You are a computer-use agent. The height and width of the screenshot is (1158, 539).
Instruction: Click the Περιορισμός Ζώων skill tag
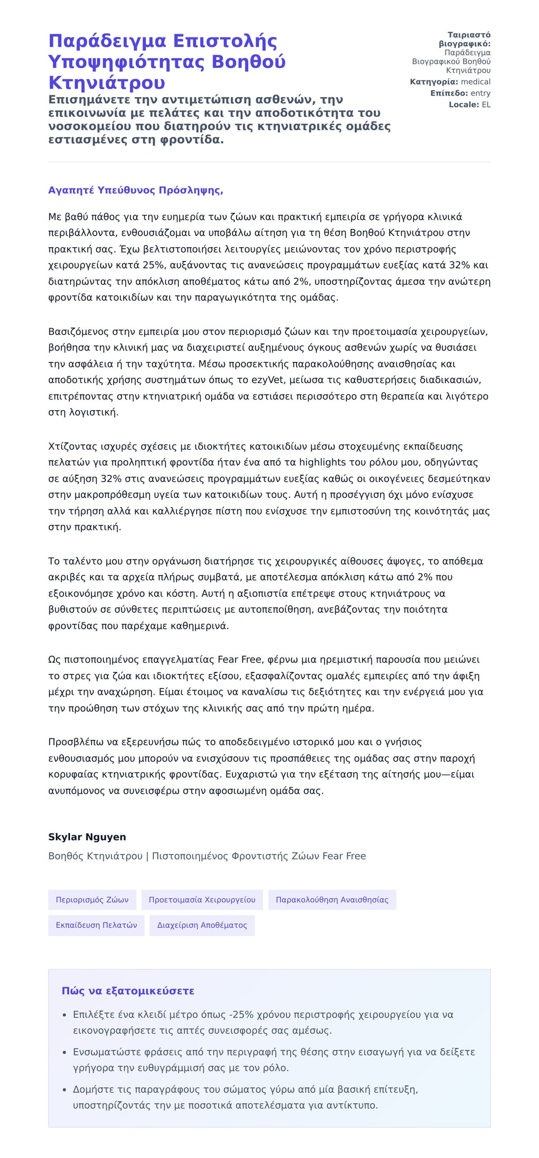tap(92, 900)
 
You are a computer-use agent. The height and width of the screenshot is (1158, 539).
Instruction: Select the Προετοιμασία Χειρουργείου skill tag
tap(202, 900)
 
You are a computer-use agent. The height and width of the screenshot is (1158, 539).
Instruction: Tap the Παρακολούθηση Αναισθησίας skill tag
tap(332, 900)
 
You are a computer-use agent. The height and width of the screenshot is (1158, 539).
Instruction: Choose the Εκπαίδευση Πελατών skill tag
tap(96, 925)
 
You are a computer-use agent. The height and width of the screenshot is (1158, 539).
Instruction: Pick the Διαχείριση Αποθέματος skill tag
tap(202, 925)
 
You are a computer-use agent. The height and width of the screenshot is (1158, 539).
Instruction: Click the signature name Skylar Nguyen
tap(87, 836)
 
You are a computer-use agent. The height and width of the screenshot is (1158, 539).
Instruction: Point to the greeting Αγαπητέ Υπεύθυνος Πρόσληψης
tap(135, 190)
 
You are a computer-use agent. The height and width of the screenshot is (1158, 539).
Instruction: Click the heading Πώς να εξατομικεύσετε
tap(128, 991)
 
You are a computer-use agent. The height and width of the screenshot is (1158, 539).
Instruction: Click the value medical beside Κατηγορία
tap(476, 82)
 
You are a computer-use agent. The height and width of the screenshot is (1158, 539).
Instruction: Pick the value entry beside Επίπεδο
tap(480, 93)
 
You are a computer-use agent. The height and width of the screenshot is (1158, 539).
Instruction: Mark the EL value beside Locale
tap(486, 104)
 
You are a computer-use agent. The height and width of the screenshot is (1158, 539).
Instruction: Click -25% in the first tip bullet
tap(241, 1015)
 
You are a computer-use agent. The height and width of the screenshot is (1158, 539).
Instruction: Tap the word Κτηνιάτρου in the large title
tap(106, 82)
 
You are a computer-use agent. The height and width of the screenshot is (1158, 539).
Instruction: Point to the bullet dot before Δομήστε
tap(65, 1090)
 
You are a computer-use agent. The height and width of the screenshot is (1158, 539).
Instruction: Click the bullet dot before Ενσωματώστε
tap(65, 1052)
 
